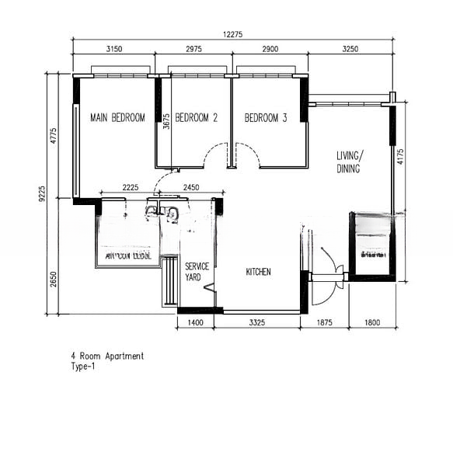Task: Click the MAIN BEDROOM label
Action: pyautogui.click(x=117, y=118)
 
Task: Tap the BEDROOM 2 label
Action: pyautogui.click(x=196, y=118)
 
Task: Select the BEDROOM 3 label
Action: pyautogui.click(x=266, y=118)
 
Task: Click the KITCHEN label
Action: pyautogui.click(x=258, y=272)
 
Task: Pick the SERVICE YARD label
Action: pyautogui.click(x=197, y=271)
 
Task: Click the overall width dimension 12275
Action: pyautogui.click(x=234, y=33)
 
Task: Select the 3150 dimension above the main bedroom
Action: pyautogui.click(x=113, y=49)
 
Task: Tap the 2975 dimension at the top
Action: pyautogui.click(x=193, y=49)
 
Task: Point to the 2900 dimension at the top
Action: pyautogui.click(x=270, y=49)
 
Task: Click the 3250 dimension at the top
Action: pyautogui.click(x=350, y=49)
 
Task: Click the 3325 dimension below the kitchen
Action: pyautogui.click(x=256, y=322)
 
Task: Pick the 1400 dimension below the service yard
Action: pyautogui.click(x=195, y=322)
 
